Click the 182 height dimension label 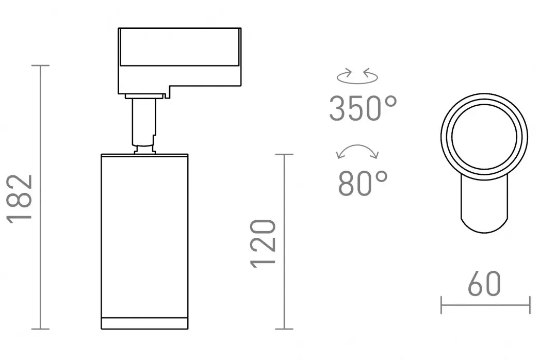(20, 199)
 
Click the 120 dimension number (263, 243)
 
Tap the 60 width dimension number (484, 284)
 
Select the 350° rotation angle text (363, 108)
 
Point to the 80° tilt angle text (363, 183)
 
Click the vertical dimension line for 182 (41, 197)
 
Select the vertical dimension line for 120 (284, 241)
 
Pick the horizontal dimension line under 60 (485, 305)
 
